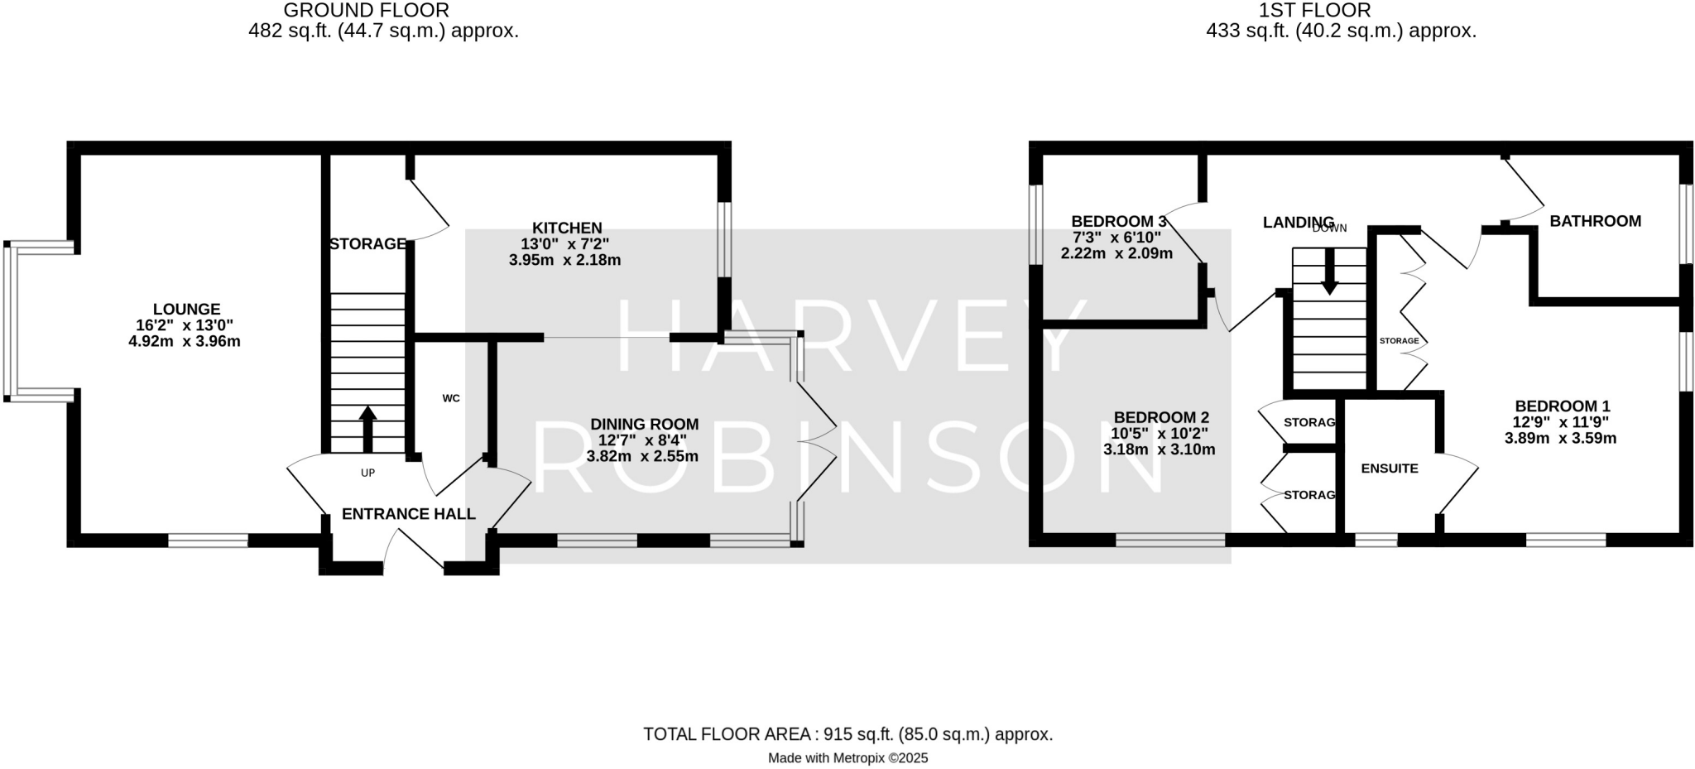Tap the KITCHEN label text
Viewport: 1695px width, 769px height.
coord(567,228)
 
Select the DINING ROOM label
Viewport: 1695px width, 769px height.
coord(644,425)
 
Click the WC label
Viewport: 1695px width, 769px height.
coord(451,398)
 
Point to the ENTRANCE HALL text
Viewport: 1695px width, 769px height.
coord(408,514)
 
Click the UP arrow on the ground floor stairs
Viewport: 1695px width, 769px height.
coord(367,429)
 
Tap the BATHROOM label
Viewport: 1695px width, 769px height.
coord(1595,221)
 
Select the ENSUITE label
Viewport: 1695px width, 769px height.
coord(1390,469)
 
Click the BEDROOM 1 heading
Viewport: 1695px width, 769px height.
coord(1562,406)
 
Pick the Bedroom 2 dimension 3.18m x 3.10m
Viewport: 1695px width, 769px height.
coord(1159,450)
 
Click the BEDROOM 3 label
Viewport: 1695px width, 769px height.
coord(1118,222)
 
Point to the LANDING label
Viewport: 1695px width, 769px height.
coord(1298,222)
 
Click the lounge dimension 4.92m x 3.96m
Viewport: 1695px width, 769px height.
coord(185,341)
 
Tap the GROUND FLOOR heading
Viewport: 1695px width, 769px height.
coord(366,11)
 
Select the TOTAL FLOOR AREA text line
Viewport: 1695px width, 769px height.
coord(847,734)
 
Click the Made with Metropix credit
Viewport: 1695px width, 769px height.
coord(847,758)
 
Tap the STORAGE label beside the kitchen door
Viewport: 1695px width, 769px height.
coord(367,244)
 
